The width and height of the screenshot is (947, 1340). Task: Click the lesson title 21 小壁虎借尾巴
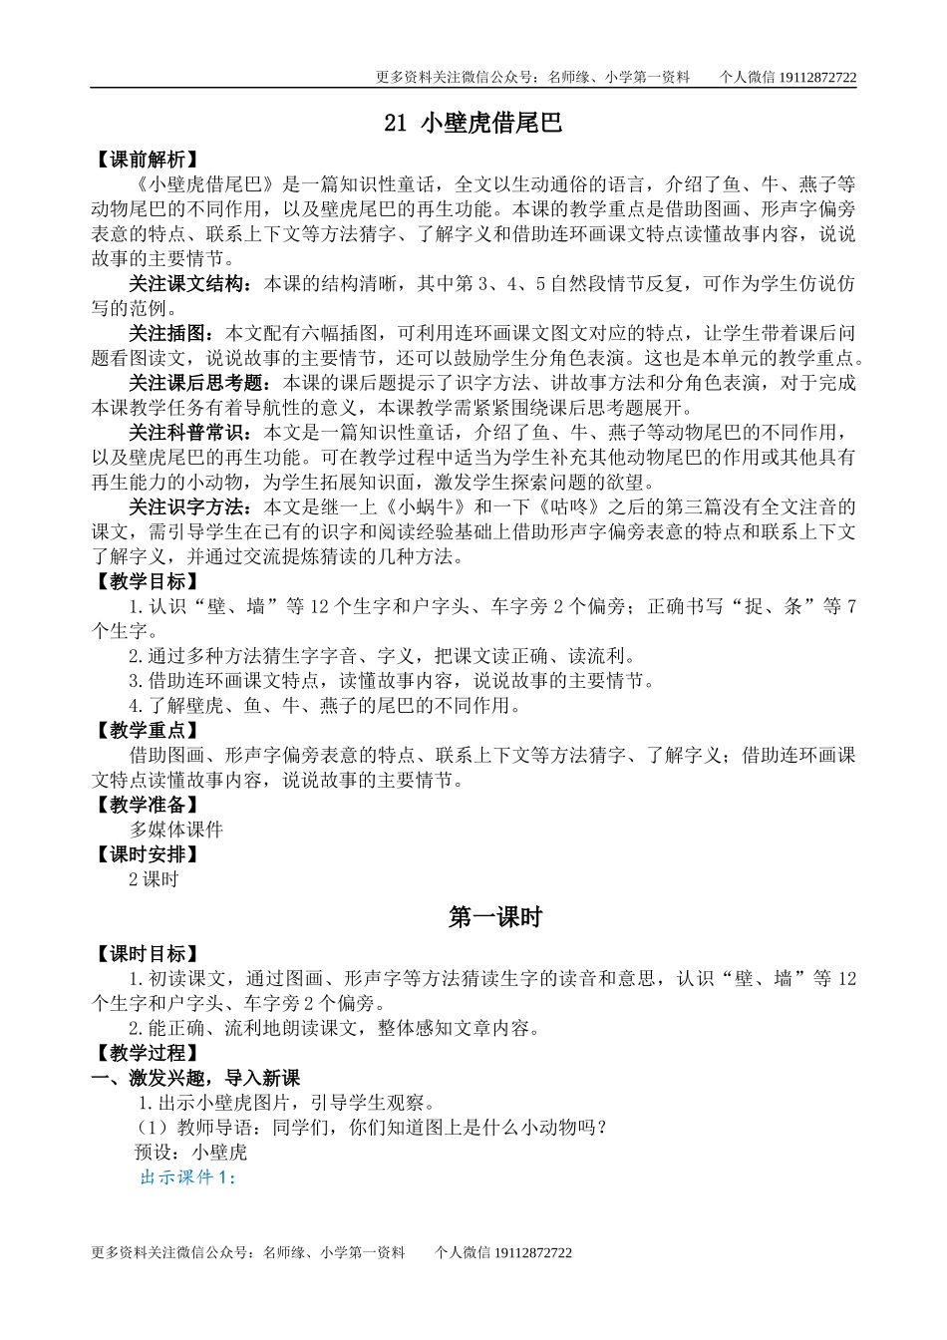pos(473,123)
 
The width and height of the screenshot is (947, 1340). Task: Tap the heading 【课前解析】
pos(145,160)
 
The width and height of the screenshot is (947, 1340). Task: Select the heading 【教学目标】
pos(145,581)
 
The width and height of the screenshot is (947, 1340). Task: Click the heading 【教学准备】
pos(145,805)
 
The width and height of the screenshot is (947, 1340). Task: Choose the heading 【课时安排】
pos(145,854)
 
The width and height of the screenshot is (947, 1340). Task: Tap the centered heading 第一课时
pos(495,917)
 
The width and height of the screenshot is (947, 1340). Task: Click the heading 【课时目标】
pos(145,954)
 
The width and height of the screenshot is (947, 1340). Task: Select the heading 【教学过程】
pos(145,1053)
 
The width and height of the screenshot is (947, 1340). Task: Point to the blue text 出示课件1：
pos(187,1177)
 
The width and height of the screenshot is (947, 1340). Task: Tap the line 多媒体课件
pos(176,830)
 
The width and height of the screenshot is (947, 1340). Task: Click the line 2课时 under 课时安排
pos(154,879)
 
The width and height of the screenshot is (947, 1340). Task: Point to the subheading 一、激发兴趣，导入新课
pos(195,1078)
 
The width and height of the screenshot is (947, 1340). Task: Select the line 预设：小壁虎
pos(190,1153)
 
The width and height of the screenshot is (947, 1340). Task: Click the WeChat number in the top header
pos(816,77)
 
